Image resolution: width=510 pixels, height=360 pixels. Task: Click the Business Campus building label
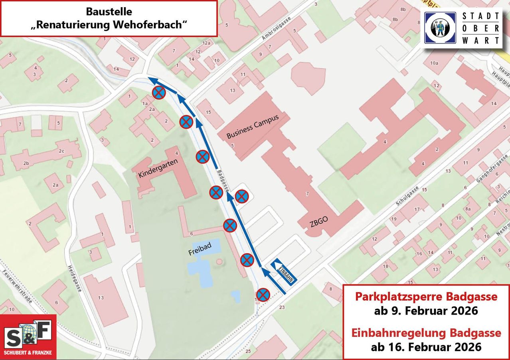[x=252, y=126]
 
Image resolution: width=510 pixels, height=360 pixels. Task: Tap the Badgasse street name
[x=223, y=180]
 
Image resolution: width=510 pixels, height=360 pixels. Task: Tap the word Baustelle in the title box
[x=109, y=12]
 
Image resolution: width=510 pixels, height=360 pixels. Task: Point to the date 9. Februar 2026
[x=426, y=311]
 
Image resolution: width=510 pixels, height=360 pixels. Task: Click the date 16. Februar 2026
[x=426, y=347]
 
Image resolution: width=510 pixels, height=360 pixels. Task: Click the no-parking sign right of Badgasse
[x=242, y=196]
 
